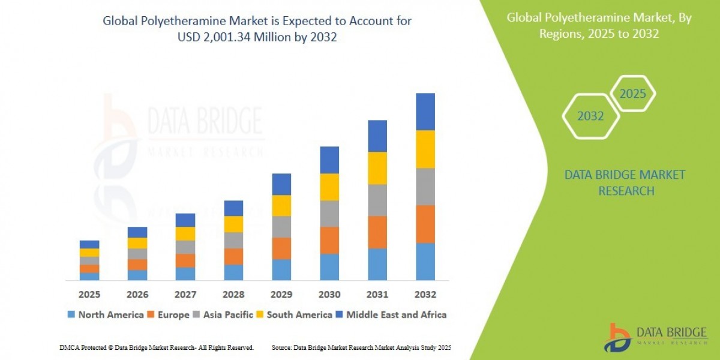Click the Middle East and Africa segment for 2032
[x=425, y=112]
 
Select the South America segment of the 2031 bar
[x=377, y=168]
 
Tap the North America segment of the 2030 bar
[x=329, y=266]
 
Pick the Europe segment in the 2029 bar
[x=281, y=248]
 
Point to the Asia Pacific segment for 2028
[x=233, y=240]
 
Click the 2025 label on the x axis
[x=89, y=295]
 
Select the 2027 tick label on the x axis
[x=185, y=295]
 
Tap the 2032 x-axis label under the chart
[x=425, y=295]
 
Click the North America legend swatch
[x=72, y=314]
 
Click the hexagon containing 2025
[x=632, y=94]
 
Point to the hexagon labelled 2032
[x=590, y=116]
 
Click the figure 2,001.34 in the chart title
[x=245, y=37]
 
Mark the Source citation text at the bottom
[x=361, y=347]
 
